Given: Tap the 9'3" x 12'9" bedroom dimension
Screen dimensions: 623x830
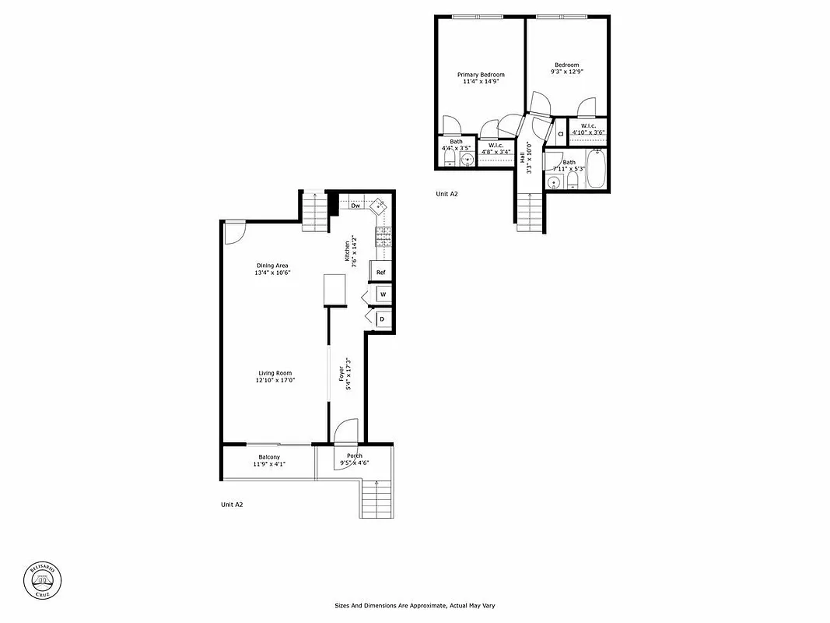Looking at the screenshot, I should pos(566,72).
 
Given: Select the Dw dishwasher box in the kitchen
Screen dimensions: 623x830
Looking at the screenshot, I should pos(355,206).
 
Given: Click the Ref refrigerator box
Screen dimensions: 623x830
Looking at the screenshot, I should pos(380,272).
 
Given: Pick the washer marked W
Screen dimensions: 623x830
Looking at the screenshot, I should pos(383,294).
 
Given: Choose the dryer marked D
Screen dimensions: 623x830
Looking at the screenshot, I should pos(383,319).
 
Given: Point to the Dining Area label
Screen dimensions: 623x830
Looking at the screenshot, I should pos(271,266).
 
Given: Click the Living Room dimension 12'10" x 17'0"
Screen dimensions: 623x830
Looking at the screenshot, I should pos(275,380).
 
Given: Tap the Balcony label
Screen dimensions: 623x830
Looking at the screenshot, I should pos(269,457).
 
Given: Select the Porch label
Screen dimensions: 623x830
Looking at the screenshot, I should pos(354,456).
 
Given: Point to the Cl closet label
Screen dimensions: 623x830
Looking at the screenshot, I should pos(559,134).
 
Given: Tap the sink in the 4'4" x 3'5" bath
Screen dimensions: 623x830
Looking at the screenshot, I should pos(468,160).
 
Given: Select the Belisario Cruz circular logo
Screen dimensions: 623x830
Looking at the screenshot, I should pos(44,580).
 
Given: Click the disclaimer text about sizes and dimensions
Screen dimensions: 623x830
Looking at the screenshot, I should pos(415,605).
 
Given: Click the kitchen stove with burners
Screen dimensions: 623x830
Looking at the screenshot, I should pos(383,234).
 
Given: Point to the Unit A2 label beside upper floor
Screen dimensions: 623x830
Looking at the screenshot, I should pos(447,194).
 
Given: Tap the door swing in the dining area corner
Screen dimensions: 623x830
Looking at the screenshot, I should pos(234,232).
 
